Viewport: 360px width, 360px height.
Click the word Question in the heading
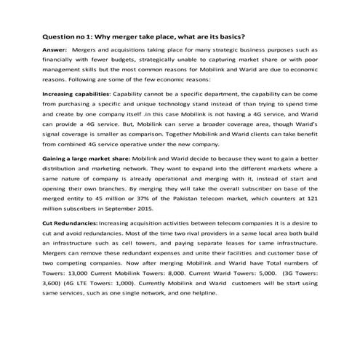click(x=59, y=34)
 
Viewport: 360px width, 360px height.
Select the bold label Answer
click(x=56, y=49)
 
